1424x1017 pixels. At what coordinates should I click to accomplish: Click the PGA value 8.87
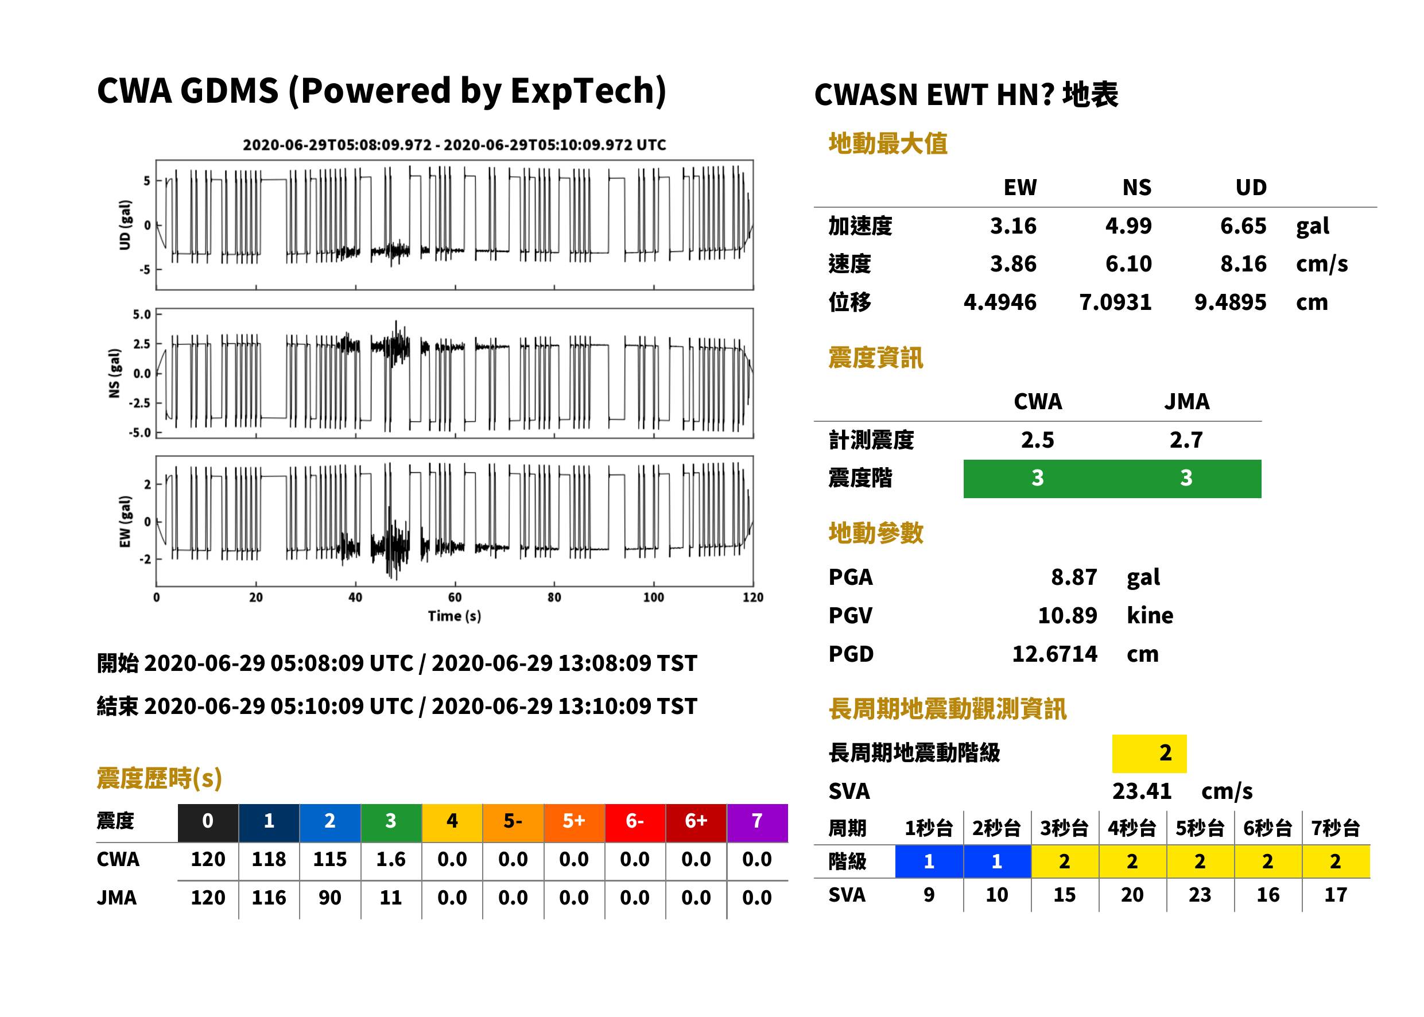[1073, 577]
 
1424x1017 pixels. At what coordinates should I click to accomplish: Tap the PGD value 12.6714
[1054, 654]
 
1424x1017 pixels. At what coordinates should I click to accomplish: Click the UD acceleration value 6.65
[1243, 226]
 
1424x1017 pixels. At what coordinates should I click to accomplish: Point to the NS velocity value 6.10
[1128, 263]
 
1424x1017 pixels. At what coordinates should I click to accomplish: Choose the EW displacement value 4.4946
[1000, 302]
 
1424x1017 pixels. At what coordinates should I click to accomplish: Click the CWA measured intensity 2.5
[1038, 440]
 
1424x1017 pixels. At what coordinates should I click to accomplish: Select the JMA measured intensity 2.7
[1186, 440]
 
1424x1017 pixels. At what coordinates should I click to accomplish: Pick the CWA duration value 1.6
[391, 859]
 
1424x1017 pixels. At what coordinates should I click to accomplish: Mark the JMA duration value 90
[330, 898]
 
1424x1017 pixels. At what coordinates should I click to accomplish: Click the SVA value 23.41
[1142, 791]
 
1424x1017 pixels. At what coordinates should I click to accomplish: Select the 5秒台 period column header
[1200, 828]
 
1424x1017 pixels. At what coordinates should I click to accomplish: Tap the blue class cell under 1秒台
[929, 861]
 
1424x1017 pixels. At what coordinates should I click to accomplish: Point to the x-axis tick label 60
[455, 597]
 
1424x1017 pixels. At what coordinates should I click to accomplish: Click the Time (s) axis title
[455, 616]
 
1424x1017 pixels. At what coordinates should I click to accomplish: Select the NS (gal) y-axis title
[114, 373]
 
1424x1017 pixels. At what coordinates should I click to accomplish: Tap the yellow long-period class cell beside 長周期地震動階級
[1149, 754]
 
